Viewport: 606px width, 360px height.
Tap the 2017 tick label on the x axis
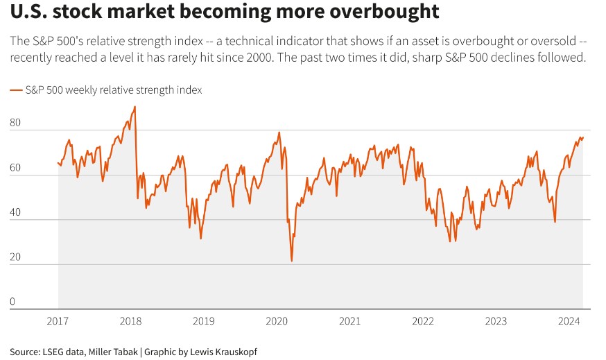click(x=58, y=321)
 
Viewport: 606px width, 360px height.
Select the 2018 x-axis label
click(x=130, y=321)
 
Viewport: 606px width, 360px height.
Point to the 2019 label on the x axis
click(x=203, y=321)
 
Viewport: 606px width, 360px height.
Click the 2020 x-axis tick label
click(x=277, y=321)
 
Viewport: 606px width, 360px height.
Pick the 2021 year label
click(x=350, y=321)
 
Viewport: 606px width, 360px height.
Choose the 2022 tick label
click(x=423, y=321)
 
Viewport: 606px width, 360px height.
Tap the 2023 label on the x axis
click(x=496, y=321)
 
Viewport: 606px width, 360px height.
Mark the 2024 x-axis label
click(x=569, y=321)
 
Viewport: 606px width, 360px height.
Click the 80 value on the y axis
click(x=16, y=123)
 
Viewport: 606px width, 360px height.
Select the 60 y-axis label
click(x=16, y=168)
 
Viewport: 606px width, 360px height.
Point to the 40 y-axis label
click(x=16, y=213)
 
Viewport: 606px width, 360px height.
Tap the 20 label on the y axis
click(x=16, y=257)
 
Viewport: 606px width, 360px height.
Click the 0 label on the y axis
click(x=13, y=302)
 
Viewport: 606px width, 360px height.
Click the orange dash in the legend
click(x=16, y=90)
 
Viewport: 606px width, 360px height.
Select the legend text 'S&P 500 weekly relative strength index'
click(x=113, y=90)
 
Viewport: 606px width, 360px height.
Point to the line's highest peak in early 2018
click(x=135, y=107)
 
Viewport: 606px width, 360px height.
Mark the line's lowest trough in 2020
click(x=291, y=261)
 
